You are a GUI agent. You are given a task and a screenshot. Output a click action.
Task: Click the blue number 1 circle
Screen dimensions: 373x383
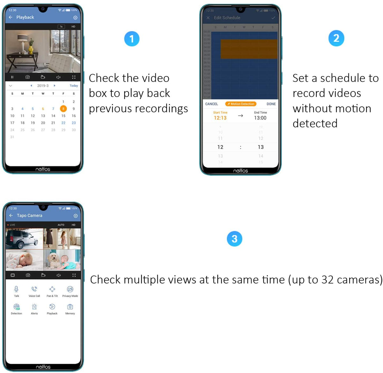[131, 39]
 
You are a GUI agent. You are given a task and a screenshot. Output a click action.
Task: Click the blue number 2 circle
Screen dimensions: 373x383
[336, 38]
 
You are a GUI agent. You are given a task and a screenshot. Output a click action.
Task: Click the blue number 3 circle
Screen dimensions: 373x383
[234, 239]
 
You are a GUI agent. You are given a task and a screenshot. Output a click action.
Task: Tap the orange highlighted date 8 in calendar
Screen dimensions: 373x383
[63, 109]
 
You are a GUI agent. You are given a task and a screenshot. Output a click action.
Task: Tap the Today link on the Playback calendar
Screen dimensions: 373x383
[74, 86]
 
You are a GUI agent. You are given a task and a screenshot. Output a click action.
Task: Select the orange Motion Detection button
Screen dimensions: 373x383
[241, 104]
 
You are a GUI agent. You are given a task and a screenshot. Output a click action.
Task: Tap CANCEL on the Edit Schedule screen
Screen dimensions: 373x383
[212, 104]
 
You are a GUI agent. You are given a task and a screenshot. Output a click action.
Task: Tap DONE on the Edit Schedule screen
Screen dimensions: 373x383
[271, 104]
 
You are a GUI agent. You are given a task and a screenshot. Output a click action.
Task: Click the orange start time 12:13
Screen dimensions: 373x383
[220, 118]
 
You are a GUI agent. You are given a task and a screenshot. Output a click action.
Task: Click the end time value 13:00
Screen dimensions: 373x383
[260, 118]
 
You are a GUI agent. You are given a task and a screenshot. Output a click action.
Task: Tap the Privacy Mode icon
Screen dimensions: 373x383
[70, 289]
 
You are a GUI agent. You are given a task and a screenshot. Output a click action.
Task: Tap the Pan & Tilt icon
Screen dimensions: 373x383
[52, 289]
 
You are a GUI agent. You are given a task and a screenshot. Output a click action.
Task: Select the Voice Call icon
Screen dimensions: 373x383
[34, 289]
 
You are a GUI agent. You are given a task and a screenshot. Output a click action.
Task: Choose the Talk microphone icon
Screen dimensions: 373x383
[16, 289]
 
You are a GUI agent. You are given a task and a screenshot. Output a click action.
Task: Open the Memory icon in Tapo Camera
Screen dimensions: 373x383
[70, 307]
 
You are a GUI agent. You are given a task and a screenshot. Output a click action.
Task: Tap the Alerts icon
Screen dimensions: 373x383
[34, 307]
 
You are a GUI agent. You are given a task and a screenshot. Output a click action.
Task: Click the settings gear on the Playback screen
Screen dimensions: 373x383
[75, 18]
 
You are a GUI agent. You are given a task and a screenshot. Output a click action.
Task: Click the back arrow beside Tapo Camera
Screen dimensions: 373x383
[11, 215]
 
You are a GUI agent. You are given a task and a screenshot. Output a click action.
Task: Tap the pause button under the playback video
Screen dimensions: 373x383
[12, 77]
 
